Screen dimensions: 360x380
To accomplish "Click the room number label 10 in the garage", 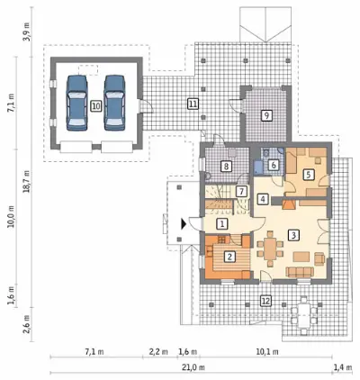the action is [95, 105].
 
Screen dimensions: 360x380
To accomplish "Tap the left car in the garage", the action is [76, 103].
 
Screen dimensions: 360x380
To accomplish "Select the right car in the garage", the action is [114, 103].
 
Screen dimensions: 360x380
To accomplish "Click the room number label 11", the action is [193, 104].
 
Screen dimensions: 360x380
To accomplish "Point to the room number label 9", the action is [266, 115].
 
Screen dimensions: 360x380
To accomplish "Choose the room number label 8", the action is [226, 166].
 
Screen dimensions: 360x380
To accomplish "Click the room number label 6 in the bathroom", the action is [274, 165].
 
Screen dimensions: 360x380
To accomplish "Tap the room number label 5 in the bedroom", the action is [308, 175].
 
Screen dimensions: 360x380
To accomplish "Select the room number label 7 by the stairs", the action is [241, 191].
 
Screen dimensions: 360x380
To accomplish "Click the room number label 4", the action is [263, 199].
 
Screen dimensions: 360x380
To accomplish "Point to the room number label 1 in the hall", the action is [222, 223].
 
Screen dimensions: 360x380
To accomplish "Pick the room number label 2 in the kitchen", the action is [229, 257].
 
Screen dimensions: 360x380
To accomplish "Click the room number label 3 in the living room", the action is [293, 235].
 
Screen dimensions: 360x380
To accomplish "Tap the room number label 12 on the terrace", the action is [266, 301].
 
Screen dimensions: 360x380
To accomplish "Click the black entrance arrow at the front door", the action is [184, 224].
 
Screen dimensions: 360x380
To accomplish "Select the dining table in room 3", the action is [270, 249].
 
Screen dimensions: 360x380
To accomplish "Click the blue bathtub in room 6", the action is [258, 167].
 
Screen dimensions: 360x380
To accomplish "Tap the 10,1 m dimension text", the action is [267, 351].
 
